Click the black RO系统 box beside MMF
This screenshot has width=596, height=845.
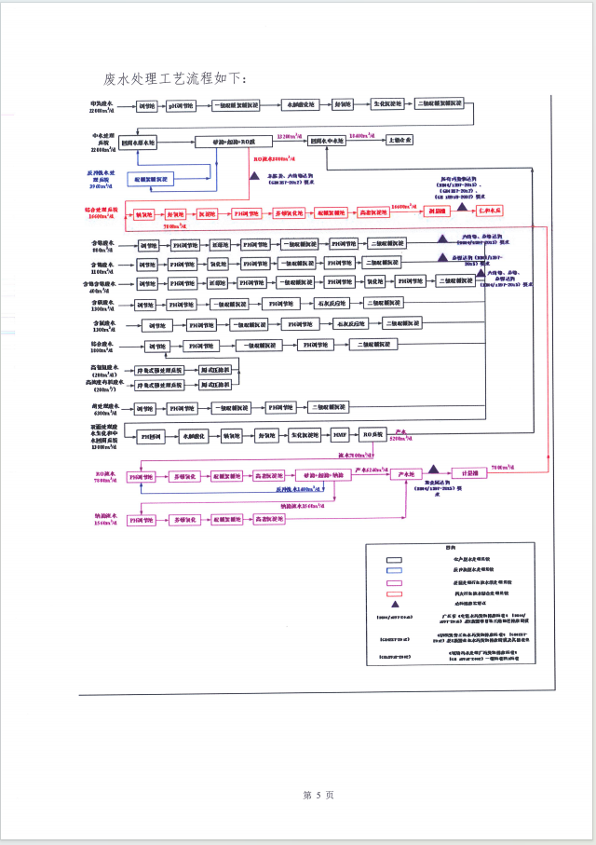(373, 436)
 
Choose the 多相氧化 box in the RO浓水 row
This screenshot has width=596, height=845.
(186, 476)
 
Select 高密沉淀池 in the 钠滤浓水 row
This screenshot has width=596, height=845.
(269, 518)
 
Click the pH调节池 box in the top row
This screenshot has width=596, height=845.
(181, 105)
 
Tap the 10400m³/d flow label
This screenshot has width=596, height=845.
(362, 136)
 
